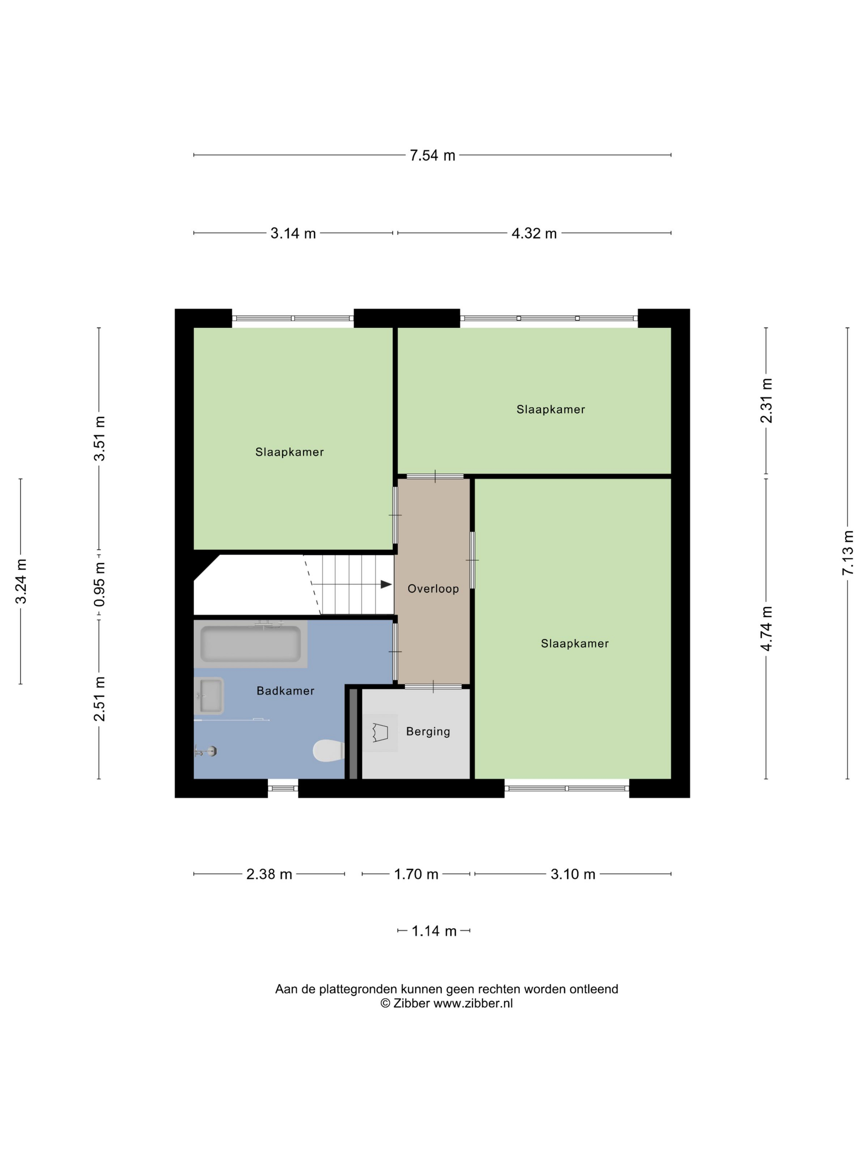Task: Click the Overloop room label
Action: (433, 588)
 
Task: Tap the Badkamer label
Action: (285, 690)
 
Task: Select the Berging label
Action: (427, 731)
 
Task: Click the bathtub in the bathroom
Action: (250, 644)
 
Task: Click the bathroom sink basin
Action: (210, 695)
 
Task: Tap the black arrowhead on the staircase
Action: (386, 584)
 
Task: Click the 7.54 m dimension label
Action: (432, 155)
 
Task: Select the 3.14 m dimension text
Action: (293, 233)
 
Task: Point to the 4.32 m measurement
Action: (534, 233)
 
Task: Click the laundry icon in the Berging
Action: (380, 732)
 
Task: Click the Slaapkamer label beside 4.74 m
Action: (575, 643)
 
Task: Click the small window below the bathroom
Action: (283, 788)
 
